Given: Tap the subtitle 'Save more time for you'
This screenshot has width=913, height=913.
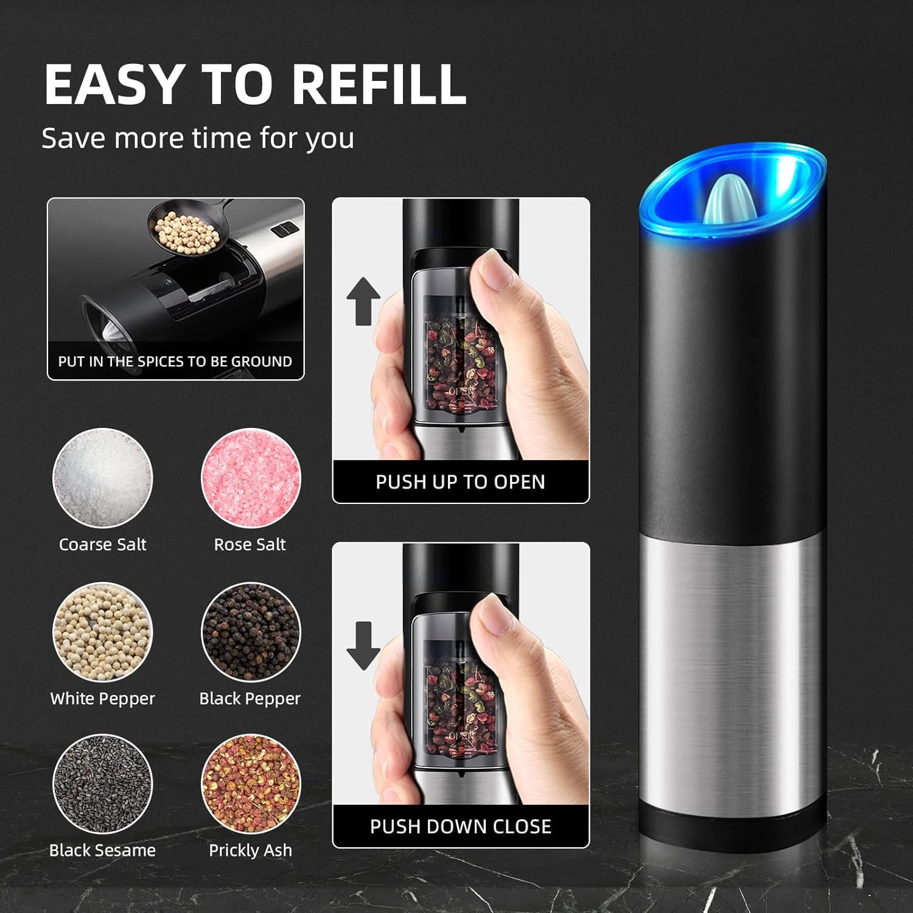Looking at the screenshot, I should tap(198, 138).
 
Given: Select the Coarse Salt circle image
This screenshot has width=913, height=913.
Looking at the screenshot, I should tap(102, 478).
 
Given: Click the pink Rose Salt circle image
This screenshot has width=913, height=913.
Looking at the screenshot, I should tap(250, 478).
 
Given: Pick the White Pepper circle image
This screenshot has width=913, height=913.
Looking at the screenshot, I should tap(102, 632).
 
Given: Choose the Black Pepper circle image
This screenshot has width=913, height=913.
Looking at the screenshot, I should tap(250, 632).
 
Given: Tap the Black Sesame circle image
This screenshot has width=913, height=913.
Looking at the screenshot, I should tap(102, 784).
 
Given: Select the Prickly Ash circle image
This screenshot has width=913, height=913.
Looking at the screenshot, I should tap(250, 784).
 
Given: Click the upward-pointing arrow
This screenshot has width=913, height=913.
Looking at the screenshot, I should tap(363, 301).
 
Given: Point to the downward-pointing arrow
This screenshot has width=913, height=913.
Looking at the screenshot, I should tap(363, 645).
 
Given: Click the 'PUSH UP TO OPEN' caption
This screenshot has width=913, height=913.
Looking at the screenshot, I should tap(460, 482).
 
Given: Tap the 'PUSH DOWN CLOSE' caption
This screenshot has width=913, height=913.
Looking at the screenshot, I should tap(460, 827).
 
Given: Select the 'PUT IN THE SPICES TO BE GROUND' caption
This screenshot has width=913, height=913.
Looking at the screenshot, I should tap(175, 362).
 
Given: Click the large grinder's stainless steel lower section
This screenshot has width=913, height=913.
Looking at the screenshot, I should tap(730, 670).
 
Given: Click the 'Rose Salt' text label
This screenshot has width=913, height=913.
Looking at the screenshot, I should tap(250, 544).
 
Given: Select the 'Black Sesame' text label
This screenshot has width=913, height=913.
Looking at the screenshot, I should tap(102, 850).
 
